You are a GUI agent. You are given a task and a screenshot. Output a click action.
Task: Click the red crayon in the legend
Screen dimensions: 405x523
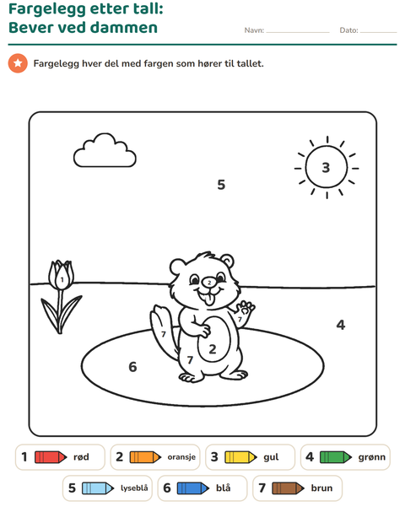click(x=51, y=457)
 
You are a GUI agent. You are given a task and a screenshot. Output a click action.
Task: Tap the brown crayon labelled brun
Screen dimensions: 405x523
click(x=289, y=488)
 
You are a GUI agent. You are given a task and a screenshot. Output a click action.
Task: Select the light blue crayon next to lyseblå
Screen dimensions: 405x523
click(x=98, y=488)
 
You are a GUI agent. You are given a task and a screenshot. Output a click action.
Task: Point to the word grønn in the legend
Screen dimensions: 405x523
click(x=372, y=457)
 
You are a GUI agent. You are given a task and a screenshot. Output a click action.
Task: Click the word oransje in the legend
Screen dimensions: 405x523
click(x=181, y=457)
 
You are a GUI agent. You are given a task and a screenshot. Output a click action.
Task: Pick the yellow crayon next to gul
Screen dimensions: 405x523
click(x=240, y=457)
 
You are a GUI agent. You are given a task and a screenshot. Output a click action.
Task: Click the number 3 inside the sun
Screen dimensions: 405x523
click(x=326, y=167)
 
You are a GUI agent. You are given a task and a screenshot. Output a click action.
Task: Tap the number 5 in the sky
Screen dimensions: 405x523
click(x=221, y=185)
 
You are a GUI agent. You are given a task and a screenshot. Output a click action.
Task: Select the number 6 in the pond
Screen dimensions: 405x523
click(x=132, y=367)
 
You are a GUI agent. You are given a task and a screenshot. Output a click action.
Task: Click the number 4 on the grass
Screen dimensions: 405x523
click(x=341, y=325)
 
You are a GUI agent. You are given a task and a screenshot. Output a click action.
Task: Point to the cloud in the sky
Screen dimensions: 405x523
click(x=105, y=150)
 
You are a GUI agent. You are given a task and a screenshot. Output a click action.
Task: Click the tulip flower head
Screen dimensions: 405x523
click(x=62, y=275)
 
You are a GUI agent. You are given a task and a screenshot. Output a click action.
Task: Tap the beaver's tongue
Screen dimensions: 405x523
click(x=209, y=300)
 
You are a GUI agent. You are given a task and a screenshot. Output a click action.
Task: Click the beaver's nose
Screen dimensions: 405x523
click(x=209, y=283)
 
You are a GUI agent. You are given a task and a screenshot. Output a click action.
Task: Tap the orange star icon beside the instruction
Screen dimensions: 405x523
click(x=18, y=63)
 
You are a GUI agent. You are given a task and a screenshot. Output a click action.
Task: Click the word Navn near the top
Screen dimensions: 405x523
click(x=254, y=30)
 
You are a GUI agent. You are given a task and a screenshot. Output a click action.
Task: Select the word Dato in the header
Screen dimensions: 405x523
click(x=348, y=30)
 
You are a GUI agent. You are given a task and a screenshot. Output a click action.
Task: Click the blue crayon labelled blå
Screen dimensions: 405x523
click(x=193, y=488)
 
